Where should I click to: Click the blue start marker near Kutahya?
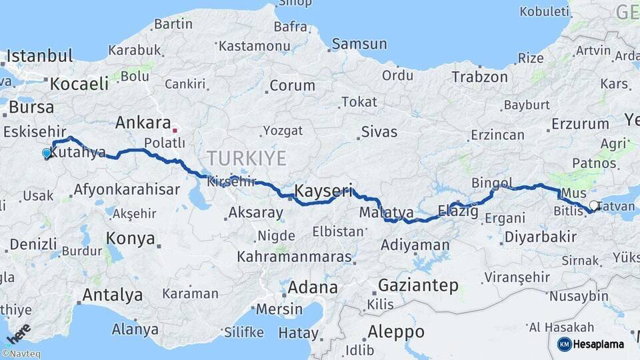[x=46, y=153]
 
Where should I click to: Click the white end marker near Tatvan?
[x=594, y=205]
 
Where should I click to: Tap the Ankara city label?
[x=143, y=123]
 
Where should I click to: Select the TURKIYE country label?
[x=246, y=159]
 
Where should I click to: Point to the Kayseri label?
[x=323, y=191]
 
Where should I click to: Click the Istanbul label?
[x=39, y=56]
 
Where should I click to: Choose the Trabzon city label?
[x=479, y=77]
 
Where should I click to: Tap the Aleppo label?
[x=396, y=331]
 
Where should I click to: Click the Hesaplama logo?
[x=591, y=344]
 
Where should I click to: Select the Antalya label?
[x=112, y=295]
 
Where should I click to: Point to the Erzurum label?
[x=580, y=124]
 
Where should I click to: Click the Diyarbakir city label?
[x=540, y=237]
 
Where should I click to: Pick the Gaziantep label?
[x=418, y=285]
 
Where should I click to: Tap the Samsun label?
[x=359, y=44]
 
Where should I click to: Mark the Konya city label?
[x=131, y=238]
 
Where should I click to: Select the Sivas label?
[x=379, y=131]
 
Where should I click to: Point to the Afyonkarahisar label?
[x=127, y=189]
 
